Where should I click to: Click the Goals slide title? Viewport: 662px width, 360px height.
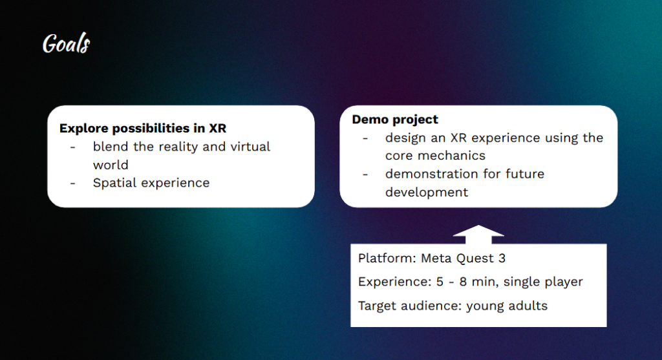tap(67, 43)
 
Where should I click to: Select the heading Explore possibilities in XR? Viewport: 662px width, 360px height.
tap(143, 129)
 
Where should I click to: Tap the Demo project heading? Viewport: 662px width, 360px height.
tap(395, 120)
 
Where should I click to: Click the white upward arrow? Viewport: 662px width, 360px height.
tap(478, 234)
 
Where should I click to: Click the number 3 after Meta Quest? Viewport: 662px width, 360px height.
tap(502, 258)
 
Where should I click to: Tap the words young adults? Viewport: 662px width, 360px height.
tap(507, 306)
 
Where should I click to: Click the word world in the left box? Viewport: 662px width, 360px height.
tap(111, 165)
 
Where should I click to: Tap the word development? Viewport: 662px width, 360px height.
tap(427, 193)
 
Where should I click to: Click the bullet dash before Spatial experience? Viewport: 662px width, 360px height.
tap(72, 183)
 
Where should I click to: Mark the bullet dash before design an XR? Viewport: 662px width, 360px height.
tap(365, 138)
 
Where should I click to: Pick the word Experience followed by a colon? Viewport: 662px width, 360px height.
tap(395, 282)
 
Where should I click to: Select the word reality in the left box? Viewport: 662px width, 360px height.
tap(178, 147)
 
